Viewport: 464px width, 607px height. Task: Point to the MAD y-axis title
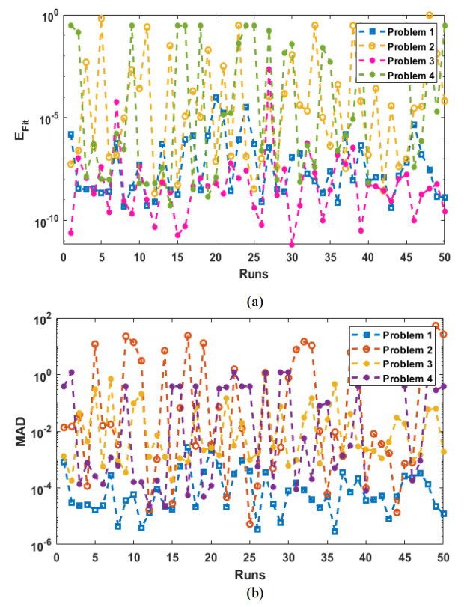click(22, 433)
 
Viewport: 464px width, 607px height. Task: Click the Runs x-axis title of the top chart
click(253, 274)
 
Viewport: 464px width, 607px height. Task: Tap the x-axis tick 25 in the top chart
click(253, 257)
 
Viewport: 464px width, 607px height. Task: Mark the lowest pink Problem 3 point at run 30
click(292, 245)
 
